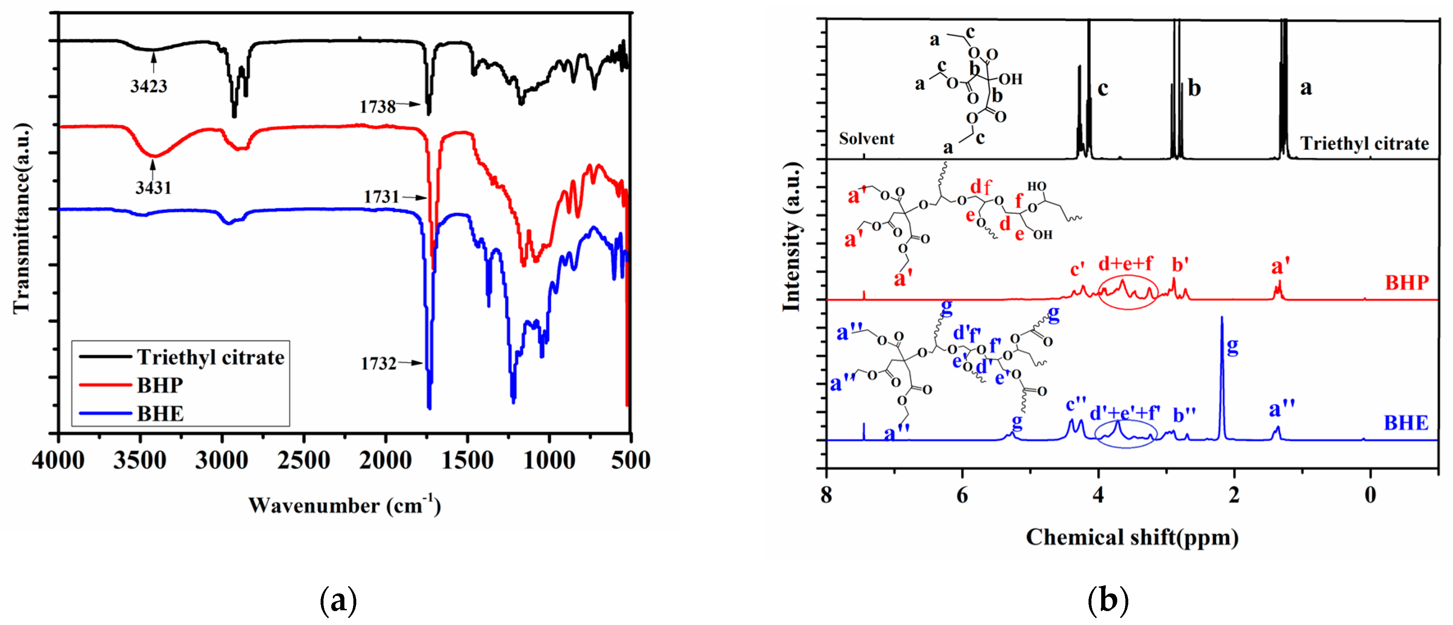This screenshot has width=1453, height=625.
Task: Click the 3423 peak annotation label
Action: tap(148, 86)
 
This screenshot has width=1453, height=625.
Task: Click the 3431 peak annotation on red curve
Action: tap(153, 187)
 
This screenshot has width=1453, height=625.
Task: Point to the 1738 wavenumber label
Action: tap(377, 106)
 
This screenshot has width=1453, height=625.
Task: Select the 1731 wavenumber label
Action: tap(381, 196)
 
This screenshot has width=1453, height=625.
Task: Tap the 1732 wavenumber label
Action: tap(378, 363)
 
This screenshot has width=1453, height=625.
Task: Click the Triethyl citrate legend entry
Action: tap(210, 357)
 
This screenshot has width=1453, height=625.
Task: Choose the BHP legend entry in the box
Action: tap(160, 385)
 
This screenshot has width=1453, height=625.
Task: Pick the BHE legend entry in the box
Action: tap(160, 413)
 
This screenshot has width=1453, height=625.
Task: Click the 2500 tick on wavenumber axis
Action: tap(303, 460)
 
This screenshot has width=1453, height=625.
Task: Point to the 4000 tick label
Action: tap(58, 460)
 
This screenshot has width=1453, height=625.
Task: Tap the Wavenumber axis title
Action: tap(344, 505)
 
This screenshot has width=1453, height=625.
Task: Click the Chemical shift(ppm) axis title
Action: tap(1132, 537)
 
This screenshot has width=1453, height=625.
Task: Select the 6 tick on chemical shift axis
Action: tap(962, 495)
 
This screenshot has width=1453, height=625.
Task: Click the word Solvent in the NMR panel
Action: tap(866, 139)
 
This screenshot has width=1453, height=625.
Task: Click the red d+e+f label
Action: tap(1125, 263)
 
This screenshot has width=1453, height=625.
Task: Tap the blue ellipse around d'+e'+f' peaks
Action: tap(1125, 435)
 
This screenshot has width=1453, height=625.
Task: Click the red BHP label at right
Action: tap(1407, 283)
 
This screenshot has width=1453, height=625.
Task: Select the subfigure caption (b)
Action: tap(1108, 600)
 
